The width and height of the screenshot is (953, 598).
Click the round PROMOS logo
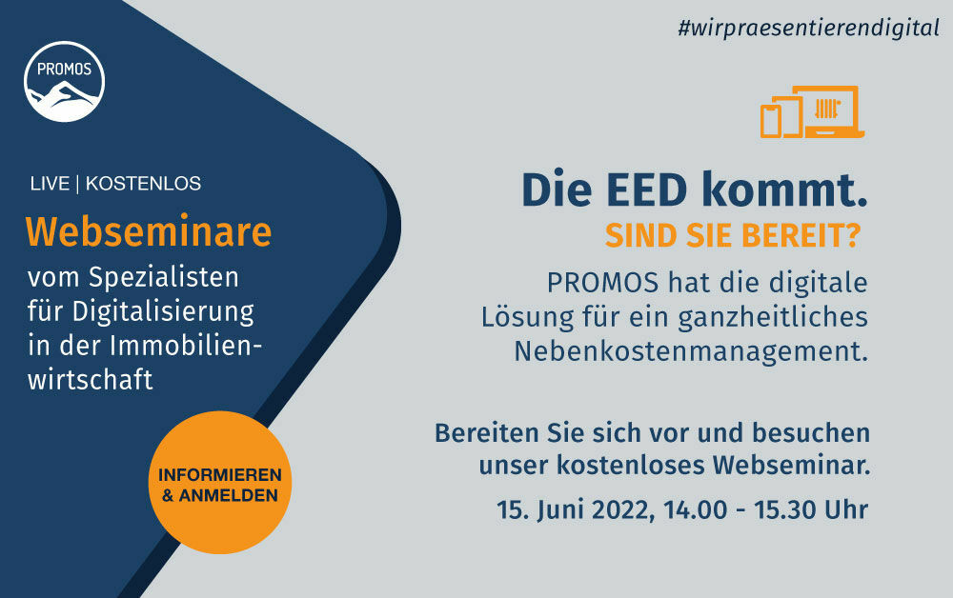pyautogui.click(x=65, y=82)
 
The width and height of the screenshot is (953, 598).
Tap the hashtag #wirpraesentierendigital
pyautogui.click(x=809, y=28)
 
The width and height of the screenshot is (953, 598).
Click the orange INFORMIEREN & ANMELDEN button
pyautogui.click(x=219, y=484)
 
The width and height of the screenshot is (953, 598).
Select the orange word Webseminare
pyautogui.click(x=148, y=231)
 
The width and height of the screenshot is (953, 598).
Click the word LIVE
pyautogui.click(x=50, y=184)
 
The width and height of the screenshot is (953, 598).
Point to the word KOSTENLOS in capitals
pyautogui.click(x=143, y=184)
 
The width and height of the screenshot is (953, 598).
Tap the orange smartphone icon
pyautogui.click(x=770, y=120)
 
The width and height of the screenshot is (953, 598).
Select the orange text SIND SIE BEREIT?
pyautogui.click(x=732, y=235)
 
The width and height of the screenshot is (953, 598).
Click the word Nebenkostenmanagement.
pyautogui.click(x=691, y=350)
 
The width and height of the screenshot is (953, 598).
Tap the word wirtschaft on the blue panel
pyautogui.click(x=90, y=379)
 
